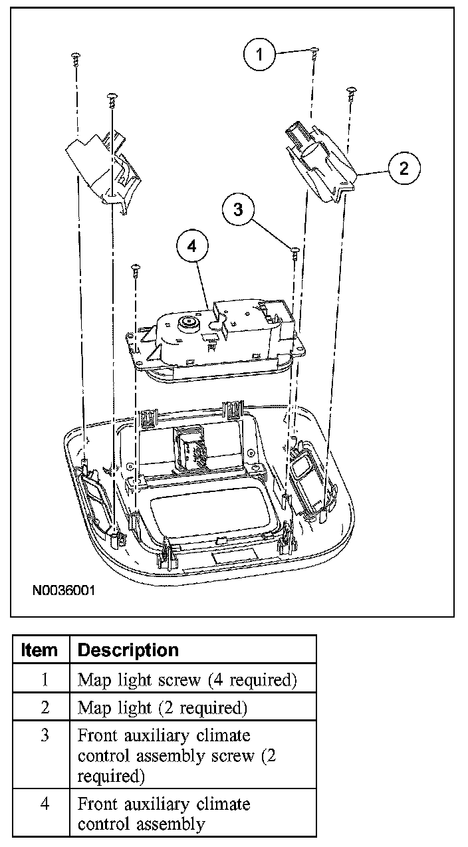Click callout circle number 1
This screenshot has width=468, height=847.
pos(261,55)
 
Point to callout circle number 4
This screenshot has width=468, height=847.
pos(192,246)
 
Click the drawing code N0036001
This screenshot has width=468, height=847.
pos(62,590)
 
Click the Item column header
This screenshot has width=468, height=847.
pos(40,650)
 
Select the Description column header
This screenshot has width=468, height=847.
pos(128,650)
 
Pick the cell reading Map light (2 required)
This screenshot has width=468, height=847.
pos(163,708)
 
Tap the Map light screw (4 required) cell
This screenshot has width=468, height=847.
pos(187,679)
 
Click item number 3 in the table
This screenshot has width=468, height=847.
pos(45,737)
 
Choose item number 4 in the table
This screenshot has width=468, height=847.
pos(45,804)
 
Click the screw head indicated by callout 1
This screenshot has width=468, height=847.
pos(313,51)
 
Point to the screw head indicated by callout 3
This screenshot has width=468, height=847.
pos(293,250)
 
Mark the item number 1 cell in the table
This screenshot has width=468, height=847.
pos(45,679)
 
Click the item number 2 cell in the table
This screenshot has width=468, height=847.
pos(45,708)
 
